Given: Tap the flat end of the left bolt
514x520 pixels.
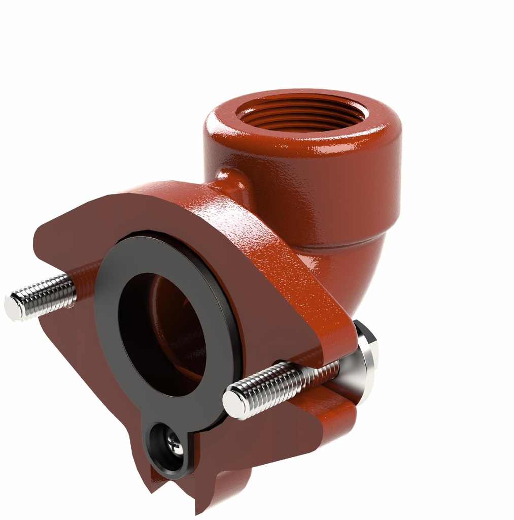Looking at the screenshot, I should pyautogui.click(x=13, y=307).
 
